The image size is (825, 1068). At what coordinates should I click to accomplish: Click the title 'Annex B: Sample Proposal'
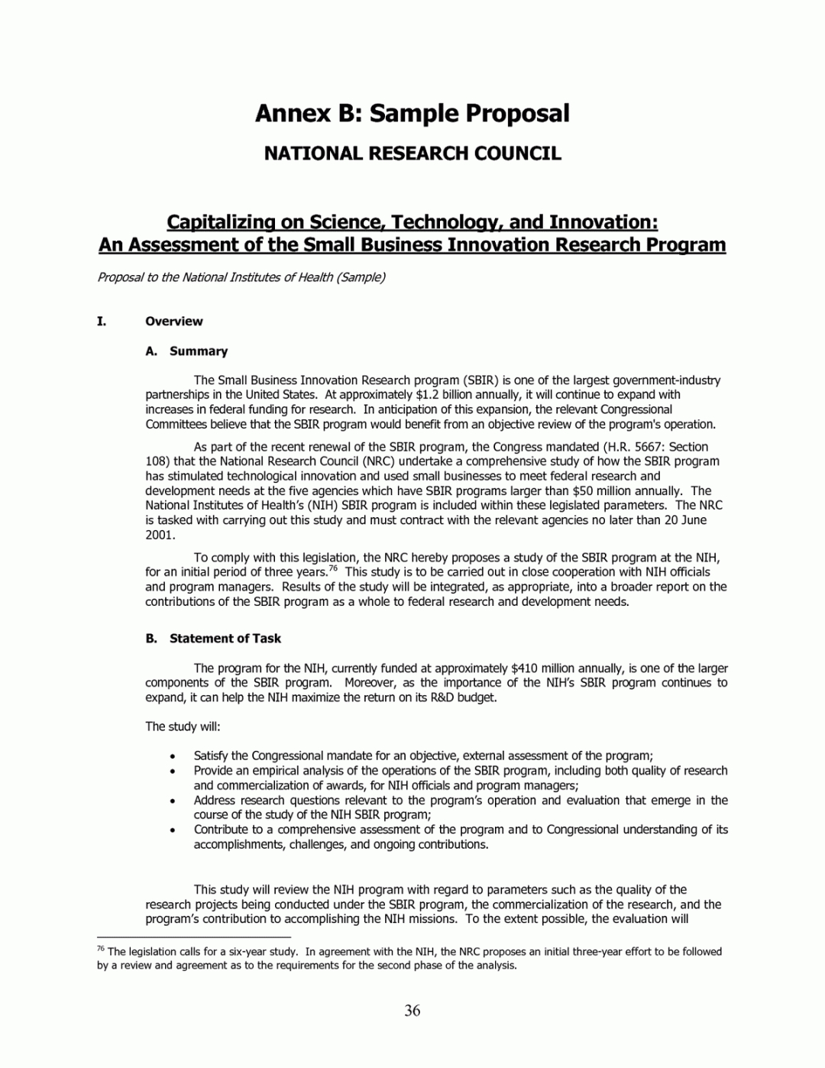click(412, 113)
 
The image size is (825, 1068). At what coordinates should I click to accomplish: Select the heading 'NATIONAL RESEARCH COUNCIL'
click(412, 154)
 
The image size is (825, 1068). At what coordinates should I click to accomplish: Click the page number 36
click(412, 1011)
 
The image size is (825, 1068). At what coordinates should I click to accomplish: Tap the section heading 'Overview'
click(174, 322)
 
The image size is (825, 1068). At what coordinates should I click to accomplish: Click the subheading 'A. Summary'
click(186, 351)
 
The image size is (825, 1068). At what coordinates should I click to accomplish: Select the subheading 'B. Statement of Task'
click(213, 639)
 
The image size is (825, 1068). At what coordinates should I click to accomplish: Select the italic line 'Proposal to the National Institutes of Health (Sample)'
click(241, 277)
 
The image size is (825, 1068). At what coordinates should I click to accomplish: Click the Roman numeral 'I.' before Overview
click(102, 322)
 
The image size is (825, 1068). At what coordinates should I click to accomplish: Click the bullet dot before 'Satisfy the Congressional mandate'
click(174, 756)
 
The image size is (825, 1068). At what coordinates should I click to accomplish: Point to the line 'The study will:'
click(183, 727)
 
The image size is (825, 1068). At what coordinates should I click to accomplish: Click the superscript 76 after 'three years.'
click(334, 568)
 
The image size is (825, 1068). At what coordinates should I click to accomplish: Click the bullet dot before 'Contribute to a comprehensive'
click(174, 830)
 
